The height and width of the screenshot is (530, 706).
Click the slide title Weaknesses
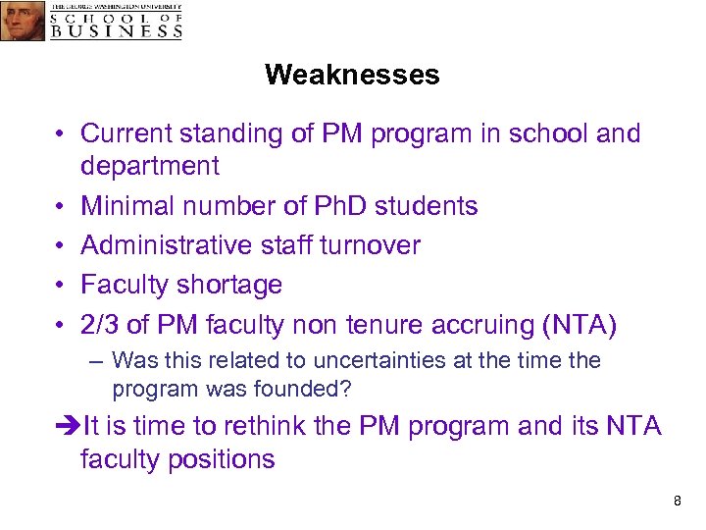point(352,75)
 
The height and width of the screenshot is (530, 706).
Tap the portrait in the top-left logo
point(22,20)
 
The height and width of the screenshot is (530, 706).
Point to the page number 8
point(677,502)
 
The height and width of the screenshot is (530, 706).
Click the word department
point(150,166)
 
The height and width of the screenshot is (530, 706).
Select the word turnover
point(370,245)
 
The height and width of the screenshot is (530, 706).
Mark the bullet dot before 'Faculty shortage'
point(60,286)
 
